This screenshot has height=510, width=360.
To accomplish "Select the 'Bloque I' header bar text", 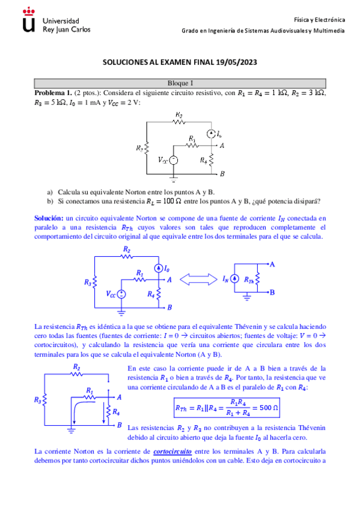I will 180,84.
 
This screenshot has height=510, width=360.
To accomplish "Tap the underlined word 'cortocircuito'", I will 172,450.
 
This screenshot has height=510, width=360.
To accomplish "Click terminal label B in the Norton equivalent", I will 272,292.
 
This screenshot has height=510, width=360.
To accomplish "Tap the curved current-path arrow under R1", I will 77,410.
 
